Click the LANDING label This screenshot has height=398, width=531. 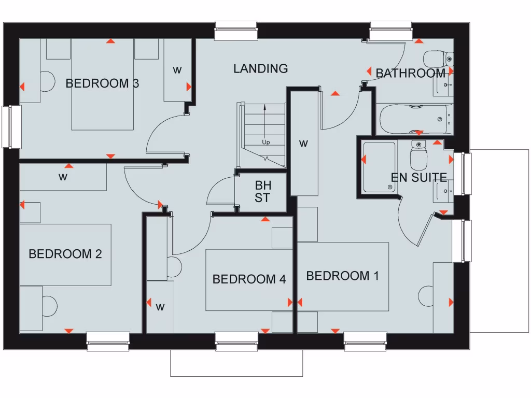pos(260,68)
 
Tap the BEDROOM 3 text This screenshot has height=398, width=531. pos(102,83)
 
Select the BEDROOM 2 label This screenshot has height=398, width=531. pos(65,254)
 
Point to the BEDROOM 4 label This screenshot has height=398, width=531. pos(249,279)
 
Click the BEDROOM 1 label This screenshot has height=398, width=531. pos(342,276)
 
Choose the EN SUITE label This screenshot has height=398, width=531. pos(418,178)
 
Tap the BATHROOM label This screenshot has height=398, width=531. pos(410,73)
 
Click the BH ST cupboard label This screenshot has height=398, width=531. pos(262,191)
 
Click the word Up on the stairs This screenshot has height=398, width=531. pos(265,142)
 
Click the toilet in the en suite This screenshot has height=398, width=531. pos(418,155)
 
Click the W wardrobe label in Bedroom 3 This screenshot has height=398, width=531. pos(177,70)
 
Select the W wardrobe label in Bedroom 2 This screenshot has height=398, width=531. pos(63,177)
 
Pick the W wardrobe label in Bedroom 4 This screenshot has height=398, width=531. pos(160,307)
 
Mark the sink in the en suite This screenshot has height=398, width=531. pos(443,191)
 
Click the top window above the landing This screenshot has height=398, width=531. pos(236,31)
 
